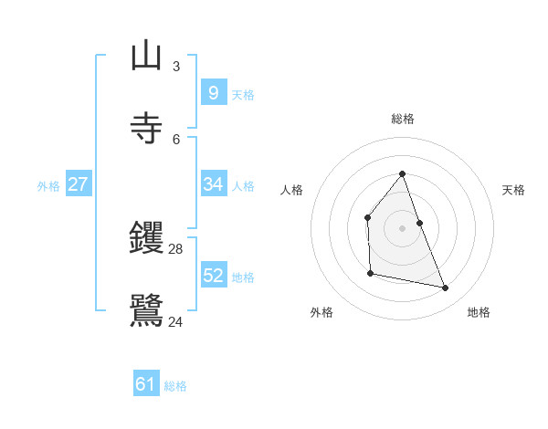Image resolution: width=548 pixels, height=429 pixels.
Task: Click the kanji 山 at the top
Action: [x=146, y=56]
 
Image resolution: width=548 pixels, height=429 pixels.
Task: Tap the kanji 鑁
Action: [x=146, y=238]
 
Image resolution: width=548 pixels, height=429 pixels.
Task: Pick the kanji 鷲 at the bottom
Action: [x=146, y=309]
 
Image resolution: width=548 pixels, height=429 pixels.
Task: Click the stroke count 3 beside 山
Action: [x=175, y=67]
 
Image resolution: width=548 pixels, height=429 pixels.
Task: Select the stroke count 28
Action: [x=176, y=249]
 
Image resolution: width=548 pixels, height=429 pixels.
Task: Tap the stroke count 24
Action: [x=176, y=320]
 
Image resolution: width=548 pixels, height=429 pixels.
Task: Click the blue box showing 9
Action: [x=213, y=92]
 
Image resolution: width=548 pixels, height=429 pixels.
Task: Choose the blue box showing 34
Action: [x=213, y=183]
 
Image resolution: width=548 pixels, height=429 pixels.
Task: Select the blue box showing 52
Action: [x=213, y=275]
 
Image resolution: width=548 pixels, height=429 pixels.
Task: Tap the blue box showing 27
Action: [x=78, y=183]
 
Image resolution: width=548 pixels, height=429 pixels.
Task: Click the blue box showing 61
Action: [x=146, y=384]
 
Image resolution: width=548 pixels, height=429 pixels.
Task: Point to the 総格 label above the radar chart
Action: [x=402, y=119]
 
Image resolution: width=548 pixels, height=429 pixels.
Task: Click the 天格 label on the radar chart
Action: [x=513, y=190]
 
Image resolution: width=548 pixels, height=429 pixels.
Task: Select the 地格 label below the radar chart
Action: [x=479, y=312]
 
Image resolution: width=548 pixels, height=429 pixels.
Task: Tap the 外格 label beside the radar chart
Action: [x=321, y=312]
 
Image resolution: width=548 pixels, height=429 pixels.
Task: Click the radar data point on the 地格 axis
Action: [x=446, y=288]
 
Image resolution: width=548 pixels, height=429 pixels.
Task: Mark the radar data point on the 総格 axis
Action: [x=402, y=173]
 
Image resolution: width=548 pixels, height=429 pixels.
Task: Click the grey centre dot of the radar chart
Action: [x=402, y=227]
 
